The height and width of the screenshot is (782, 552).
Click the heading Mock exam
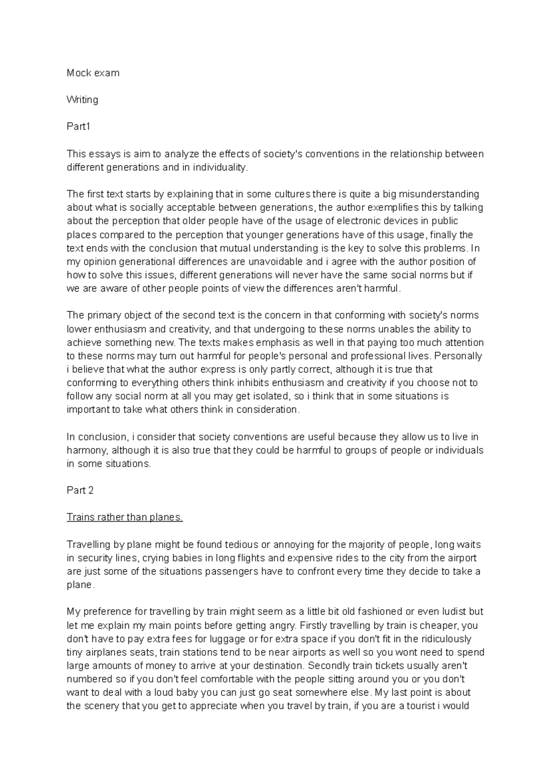[93, 73]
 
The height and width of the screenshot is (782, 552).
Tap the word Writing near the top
[82, 99]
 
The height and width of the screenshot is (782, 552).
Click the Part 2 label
[80, 490]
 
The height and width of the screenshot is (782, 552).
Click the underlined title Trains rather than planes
[125, 517]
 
